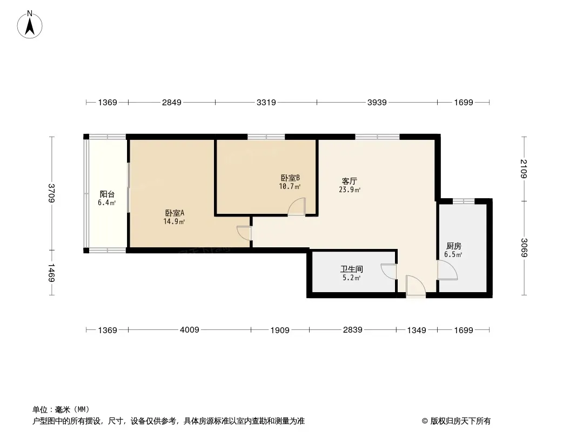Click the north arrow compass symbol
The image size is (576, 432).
[30, 25]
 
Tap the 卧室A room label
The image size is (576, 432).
[175, 213]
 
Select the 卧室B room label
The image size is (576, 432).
[290, 178]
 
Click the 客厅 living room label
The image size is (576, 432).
[350, 181]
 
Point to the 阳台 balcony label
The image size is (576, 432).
[107, 194]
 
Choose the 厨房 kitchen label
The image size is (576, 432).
[454, 246]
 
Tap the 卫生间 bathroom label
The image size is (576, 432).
[352, 269]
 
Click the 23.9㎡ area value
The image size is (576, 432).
[350, 190]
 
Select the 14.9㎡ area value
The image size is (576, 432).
[174, 221]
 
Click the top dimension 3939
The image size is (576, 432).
[377, 103]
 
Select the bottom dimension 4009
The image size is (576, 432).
[190, 330]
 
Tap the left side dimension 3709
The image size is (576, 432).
[51, 193]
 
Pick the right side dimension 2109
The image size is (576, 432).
[524, 169]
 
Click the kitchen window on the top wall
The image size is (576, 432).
[464, 201]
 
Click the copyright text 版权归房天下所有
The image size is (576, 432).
[460, 421]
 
